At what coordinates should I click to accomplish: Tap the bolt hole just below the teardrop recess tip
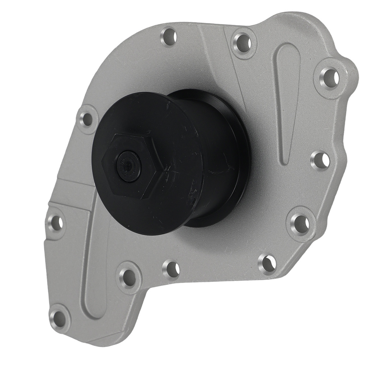tap(320, 160)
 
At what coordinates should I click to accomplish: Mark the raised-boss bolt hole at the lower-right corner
tap(301, 223)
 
